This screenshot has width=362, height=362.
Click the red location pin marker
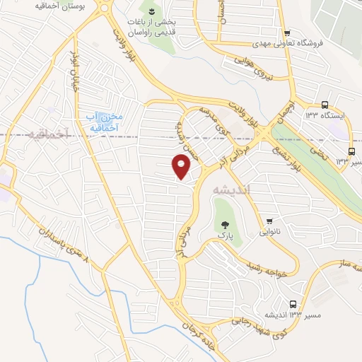pos(182,166)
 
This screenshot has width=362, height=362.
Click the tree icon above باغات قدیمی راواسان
pos(150,10)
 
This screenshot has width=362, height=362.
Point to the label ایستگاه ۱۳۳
pos(325,115)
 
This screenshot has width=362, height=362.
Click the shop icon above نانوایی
pos(269,220)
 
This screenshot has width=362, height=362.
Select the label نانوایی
pos(269,231)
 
